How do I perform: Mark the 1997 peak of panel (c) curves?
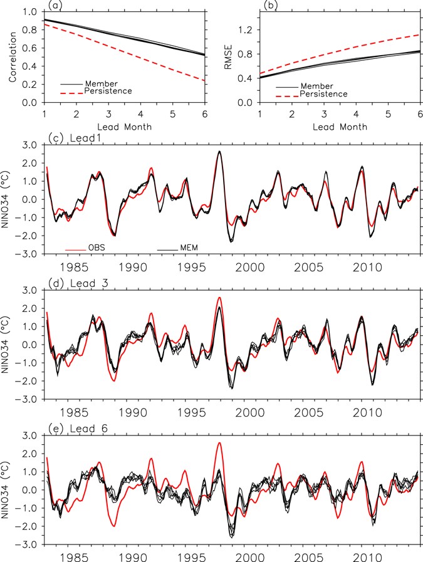click(219, 152)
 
